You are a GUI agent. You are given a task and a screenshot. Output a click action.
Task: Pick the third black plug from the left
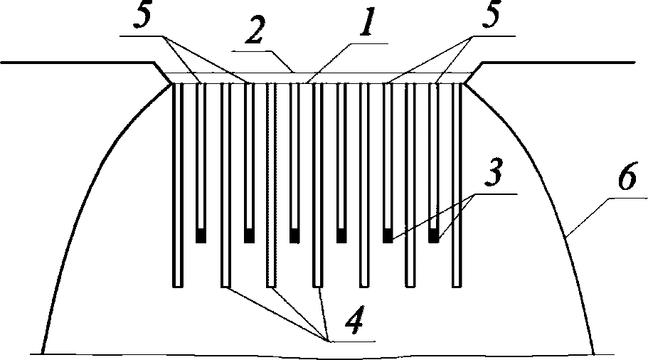click(294, 237)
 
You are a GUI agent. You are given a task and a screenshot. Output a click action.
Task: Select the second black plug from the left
click(248, 237)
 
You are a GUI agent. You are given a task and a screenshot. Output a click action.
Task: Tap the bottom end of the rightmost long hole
click(457, 285)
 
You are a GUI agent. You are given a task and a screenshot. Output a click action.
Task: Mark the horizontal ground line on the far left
click(71, 63)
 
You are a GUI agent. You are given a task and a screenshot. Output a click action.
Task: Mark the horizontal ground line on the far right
click(569, 63)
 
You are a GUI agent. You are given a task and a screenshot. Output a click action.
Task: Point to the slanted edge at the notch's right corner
click(474, 73)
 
